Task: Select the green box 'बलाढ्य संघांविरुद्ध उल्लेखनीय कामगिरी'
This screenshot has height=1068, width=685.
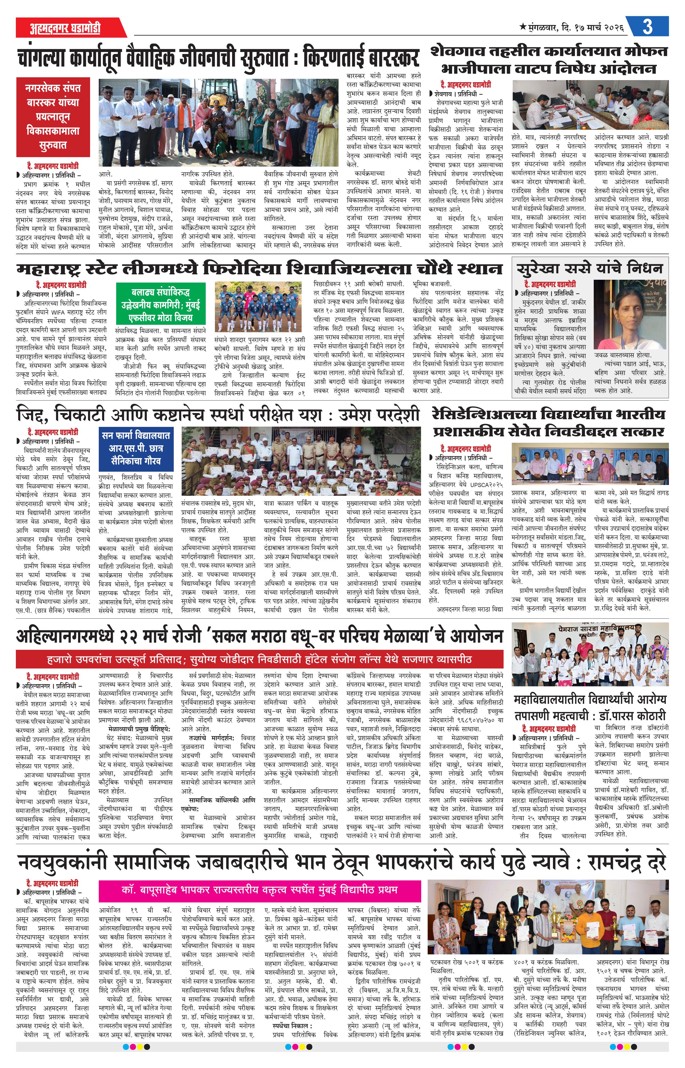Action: coord(161,305)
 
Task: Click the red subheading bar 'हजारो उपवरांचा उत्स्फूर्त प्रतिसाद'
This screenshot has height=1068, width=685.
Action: coord(259,659)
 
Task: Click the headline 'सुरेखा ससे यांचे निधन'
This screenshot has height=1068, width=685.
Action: coord(589,268)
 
